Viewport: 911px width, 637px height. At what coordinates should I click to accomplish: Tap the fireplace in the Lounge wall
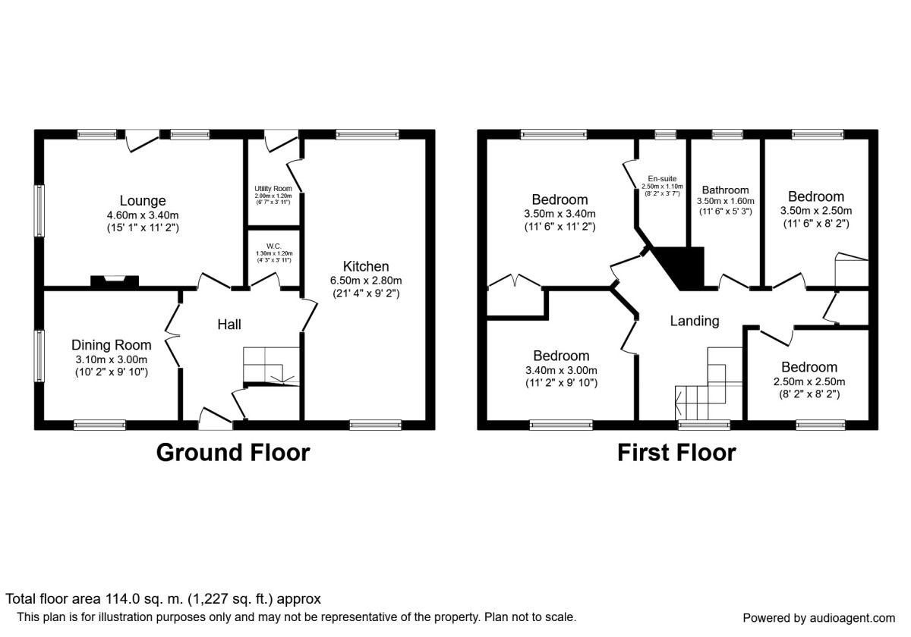(x=115, y=281)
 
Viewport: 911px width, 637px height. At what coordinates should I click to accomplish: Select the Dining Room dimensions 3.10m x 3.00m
(x=112, y=359)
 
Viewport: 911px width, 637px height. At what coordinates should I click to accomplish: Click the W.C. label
(x=273, y=244)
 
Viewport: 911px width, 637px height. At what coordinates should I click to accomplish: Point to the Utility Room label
(x=273, y=188)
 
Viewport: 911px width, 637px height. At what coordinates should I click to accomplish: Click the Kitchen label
(x=366, y=266)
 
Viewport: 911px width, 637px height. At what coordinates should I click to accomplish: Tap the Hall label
(x=229, y=325)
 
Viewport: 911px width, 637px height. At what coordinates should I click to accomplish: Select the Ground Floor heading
(x=232, y=453)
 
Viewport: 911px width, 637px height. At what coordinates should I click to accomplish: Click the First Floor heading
(x=676, y=453)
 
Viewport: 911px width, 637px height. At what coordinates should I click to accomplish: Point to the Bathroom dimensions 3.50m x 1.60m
(x=725, y=202)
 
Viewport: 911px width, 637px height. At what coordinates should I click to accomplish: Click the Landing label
(x=694, y=321)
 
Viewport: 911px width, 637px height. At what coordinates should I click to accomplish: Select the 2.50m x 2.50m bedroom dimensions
(x=809, y=381)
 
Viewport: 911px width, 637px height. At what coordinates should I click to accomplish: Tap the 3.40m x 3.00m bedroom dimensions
(x=561, y=370)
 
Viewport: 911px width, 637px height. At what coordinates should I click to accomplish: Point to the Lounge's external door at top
(x=142, y=140)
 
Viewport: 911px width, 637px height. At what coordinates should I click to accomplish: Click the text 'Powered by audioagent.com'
(x=818, y=617)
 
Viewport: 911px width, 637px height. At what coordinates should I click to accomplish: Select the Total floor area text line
(x=163, y=599)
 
